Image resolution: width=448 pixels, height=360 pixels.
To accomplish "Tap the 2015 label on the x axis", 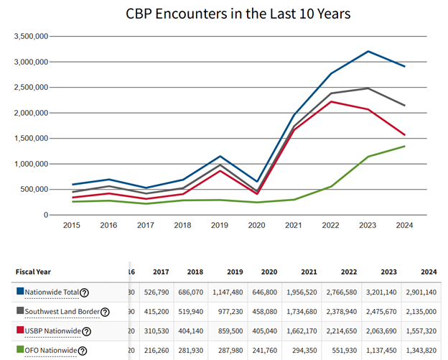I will pos(72,225).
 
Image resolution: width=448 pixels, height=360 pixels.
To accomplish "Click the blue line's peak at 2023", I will pos(368,51).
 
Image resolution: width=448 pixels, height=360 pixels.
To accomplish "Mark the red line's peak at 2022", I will pos(330,101).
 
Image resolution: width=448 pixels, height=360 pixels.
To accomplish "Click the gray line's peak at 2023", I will pos(368,88).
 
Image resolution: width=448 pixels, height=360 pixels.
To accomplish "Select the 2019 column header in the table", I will pos(234,272).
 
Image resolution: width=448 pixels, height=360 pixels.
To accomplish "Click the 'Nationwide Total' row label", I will pos(52,292).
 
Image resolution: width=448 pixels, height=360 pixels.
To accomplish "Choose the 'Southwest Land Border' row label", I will pos(61,312).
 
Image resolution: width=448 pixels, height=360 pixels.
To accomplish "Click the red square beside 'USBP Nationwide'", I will pos(19,331).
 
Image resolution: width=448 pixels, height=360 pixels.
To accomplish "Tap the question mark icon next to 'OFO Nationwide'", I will pos(83,351).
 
